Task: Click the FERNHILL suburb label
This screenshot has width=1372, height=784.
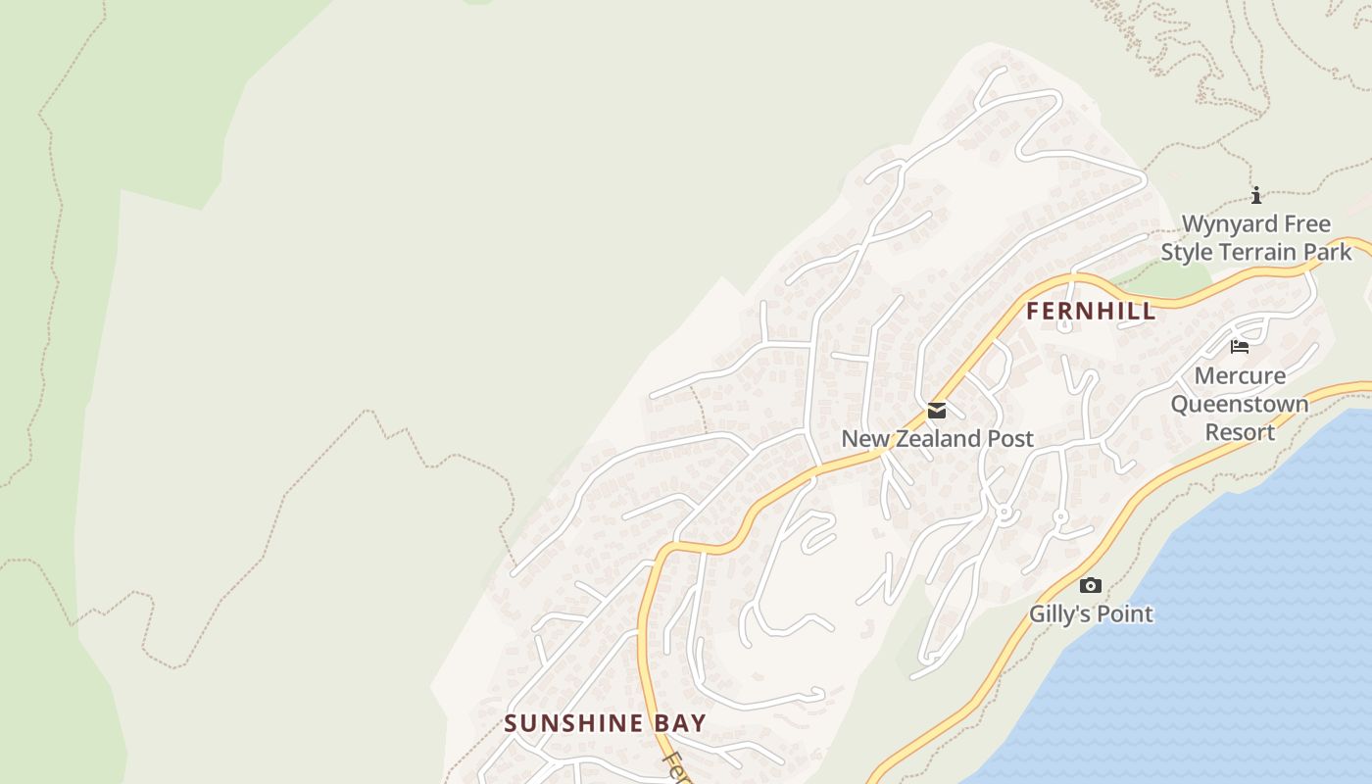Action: [x=1091, y=312]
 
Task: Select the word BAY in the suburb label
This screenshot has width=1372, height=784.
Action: [x=680, y=723]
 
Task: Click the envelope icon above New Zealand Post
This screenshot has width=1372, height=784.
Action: [x=937, y=411]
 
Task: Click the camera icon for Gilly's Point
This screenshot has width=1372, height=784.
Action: [x=1090, y=586]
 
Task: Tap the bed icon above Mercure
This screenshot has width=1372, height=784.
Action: [x=1240, y=346]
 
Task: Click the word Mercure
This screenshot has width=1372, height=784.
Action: [x=1240, y=376]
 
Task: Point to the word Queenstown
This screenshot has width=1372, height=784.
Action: [x=1240, y=404]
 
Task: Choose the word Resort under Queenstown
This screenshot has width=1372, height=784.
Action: [x=1240, y=432]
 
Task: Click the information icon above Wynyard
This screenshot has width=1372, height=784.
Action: [x=1256, y=195]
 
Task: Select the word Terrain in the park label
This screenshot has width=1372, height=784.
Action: [x=1260, y=252]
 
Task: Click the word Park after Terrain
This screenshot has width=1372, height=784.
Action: [x=1327, y=252]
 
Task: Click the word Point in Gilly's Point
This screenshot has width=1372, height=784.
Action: [x=1124, y=614]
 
